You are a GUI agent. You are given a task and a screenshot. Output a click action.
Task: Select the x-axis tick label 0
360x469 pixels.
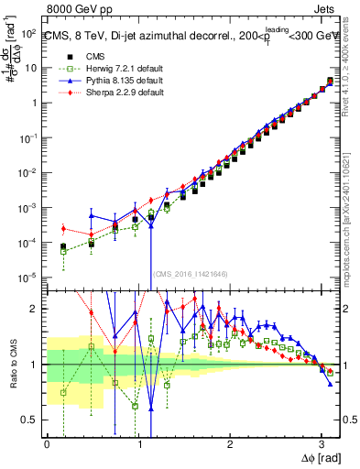click(x=46, y=444)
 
